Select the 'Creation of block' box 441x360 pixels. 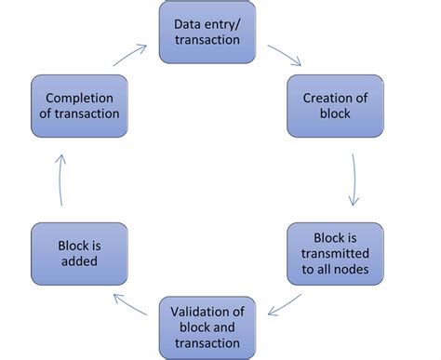[x=322, y=106]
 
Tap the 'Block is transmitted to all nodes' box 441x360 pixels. [x=321, y=253]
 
